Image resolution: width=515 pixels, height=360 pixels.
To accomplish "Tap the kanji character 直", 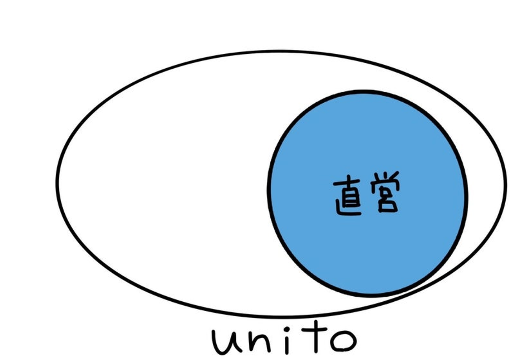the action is tap(347, 195).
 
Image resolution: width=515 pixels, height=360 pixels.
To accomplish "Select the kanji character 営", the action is tap(385, 192).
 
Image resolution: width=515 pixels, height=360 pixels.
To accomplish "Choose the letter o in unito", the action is tap(343, 341).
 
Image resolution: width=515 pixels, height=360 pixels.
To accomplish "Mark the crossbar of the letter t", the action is tap(314, 330).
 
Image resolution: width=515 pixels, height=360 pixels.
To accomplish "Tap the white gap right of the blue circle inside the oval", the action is tap(485, 184).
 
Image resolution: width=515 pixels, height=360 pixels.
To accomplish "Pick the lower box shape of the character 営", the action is tap(388, 205).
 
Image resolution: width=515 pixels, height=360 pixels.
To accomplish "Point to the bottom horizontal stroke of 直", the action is tap(349, 214).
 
